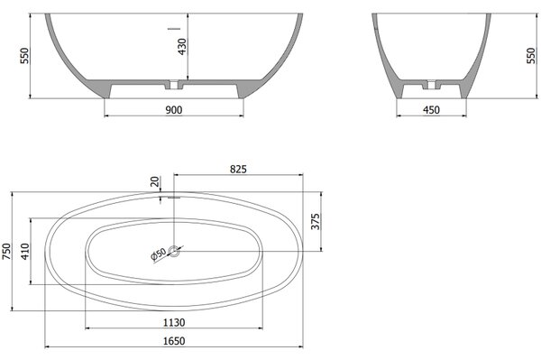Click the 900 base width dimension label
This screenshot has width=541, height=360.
174,110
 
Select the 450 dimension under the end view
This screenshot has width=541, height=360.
431,110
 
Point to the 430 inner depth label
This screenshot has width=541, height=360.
182,47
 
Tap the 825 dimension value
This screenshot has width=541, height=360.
238,169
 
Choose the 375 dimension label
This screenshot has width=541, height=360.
316,222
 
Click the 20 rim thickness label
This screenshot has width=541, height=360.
155,181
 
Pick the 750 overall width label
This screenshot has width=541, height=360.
6,251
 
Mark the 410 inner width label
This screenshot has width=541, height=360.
25,251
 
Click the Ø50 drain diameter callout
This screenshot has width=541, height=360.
159,254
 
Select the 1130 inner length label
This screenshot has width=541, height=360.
174,323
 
